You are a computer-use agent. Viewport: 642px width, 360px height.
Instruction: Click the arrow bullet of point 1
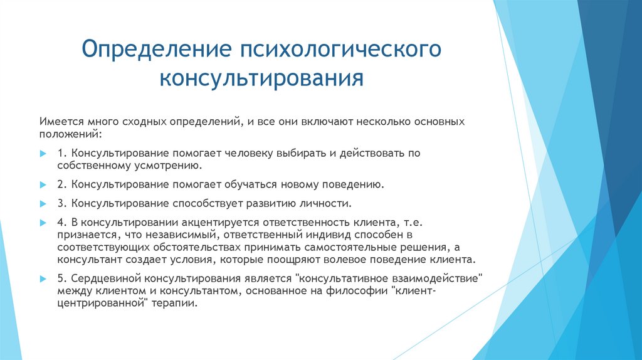[42, 154]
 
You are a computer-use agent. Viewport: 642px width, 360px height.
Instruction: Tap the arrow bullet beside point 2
[42, 186]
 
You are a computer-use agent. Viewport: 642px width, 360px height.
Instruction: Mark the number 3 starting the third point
[60, 204]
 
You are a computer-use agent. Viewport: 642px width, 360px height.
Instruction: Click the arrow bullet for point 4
[42, 223]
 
